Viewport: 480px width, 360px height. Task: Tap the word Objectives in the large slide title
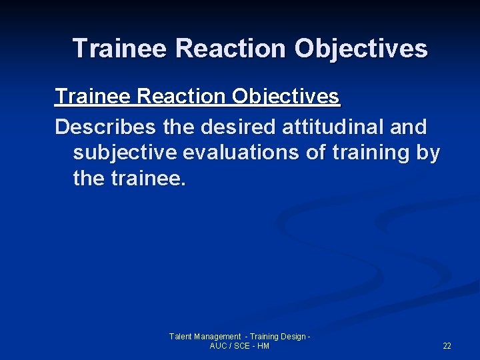tap(361, 49)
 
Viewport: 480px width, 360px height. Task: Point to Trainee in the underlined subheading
tap(93, 97)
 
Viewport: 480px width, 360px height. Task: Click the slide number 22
tap(447, 346)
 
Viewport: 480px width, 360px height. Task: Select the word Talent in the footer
tap(181, 337)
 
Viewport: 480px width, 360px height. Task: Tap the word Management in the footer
tap(217, 337)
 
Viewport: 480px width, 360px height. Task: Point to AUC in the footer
tap(218, 346)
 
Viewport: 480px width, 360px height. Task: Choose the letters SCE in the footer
tap(241, 346)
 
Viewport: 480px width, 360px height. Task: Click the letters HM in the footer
tap(263, 346)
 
